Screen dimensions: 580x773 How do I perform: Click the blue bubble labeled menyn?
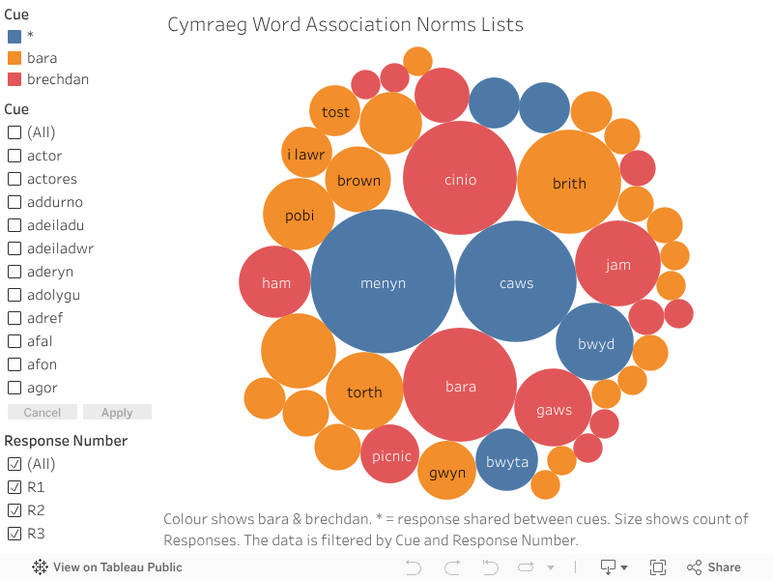point(383,281)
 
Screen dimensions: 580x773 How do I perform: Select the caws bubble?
point(516,281)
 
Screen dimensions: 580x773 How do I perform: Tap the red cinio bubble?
point(460,178)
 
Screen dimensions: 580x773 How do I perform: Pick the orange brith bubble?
point(569,182)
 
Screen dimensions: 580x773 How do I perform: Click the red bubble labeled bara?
point(460,386)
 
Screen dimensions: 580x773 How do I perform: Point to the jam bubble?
point(617,264)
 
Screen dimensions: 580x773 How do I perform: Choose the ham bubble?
point(275,282)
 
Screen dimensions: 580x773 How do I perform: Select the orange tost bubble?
point(335,111)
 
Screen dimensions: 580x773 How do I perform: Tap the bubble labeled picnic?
point(390,454)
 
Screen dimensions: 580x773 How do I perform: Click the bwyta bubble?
point(507,460)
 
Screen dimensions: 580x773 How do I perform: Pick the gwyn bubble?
point(446,472)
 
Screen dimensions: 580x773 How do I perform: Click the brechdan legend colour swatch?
point(14,79)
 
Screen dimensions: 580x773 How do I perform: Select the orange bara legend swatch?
point(14,58)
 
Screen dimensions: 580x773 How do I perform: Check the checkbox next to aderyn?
point(14,272)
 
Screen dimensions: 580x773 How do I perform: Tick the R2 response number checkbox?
point(14,510)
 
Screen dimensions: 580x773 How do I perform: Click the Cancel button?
point(42,413)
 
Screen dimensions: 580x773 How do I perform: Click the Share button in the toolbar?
point(714,567)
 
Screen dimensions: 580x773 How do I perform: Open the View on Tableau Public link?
point(107,567)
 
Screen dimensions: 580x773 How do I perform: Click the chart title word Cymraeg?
point(206,24)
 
